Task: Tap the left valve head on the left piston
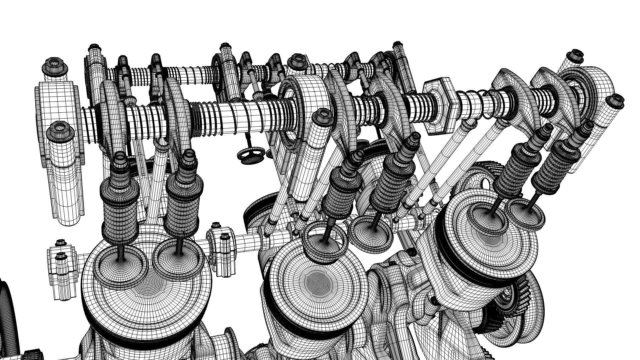(119, 260)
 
